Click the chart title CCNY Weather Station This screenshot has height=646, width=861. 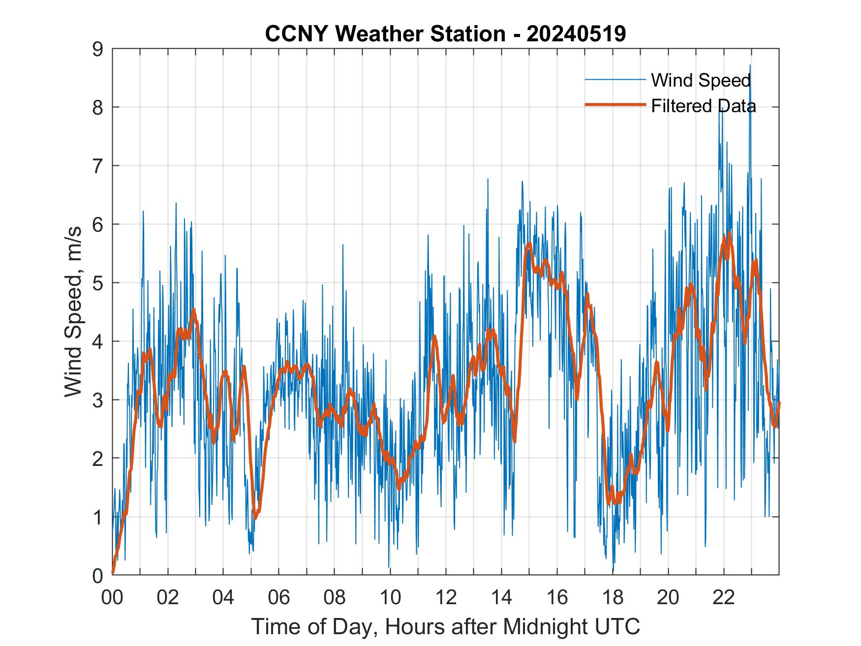(x=385, y=34)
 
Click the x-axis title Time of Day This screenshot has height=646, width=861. (x=445, y=626)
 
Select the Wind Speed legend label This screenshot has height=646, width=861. (x=701, y=80)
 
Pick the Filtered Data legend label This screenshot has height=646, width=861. (x=703, y=106)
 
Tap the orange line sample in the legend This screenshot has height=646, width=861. (x=615, y=105)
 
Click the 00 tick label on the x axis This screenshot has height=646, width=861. (x=112, y=597)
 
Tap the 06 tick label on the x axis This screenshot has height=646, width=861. (x=279, y=597)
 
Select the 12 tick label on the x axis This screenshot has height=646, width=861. (x=446, y=597)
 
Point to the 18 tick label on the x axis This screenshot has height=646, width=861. (x=613, y=597)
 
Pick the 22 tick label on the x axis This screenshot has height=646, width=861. (x=724, y=597)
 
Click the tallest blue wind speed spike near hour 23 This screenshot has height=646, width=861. (x=750, y=65)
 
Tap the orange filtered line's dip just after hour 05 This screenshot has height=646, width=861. (x=255, y=518)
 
